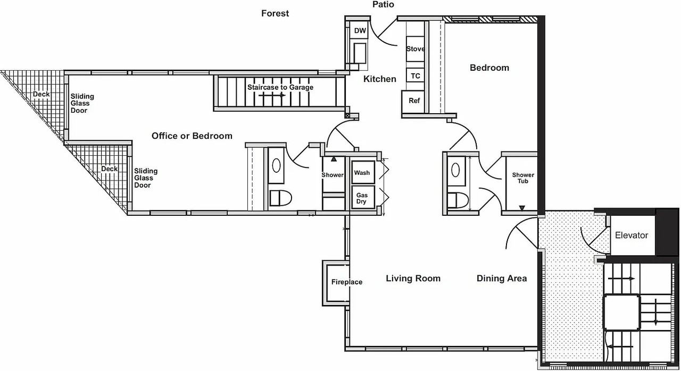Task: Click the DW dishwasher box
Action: click(x=360, y=31)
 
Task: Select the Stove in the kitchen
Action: click(x=415, y=49)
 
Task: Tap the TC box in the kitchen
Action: click(x=415, y=76)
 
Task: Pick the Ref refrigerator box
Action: click(x=414, y=100)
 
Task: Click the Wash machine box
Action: click(x=362, y=173)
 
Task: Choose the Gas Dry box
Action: click(x=362, y=198)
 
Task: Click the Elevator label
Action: click(x=632, y=235)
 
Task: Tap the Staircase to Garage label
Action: click(x=280, y=87)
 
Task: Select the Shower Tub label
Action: click(x=523, y=178)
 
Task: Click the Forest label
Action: click(x=275, y=13)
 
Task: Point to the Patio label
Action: click(x=383, y=5)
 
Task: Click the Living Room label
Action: click(x=413, y=279)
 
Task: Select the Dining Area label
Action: click(x=501, y=279)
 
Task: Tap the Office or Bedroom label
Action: click(x=192, y=136)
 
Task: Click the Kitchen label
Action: click(x=379, y=79)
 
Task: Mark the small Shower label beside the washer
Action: click(x=333, y=175)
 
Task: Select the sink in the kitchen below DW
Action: click(x=360, y=52)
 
